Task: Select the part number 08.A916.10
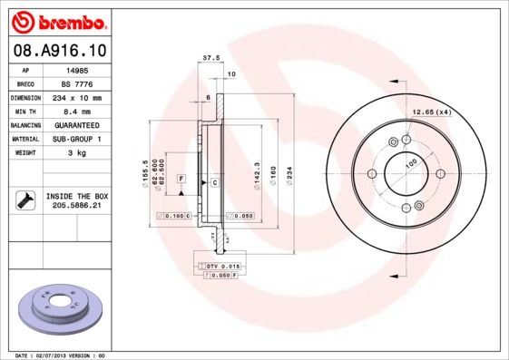pos(60,53)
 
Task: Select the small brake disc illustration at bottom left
pos(61,308)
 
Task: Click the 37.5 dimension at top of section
pos(210,57)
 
